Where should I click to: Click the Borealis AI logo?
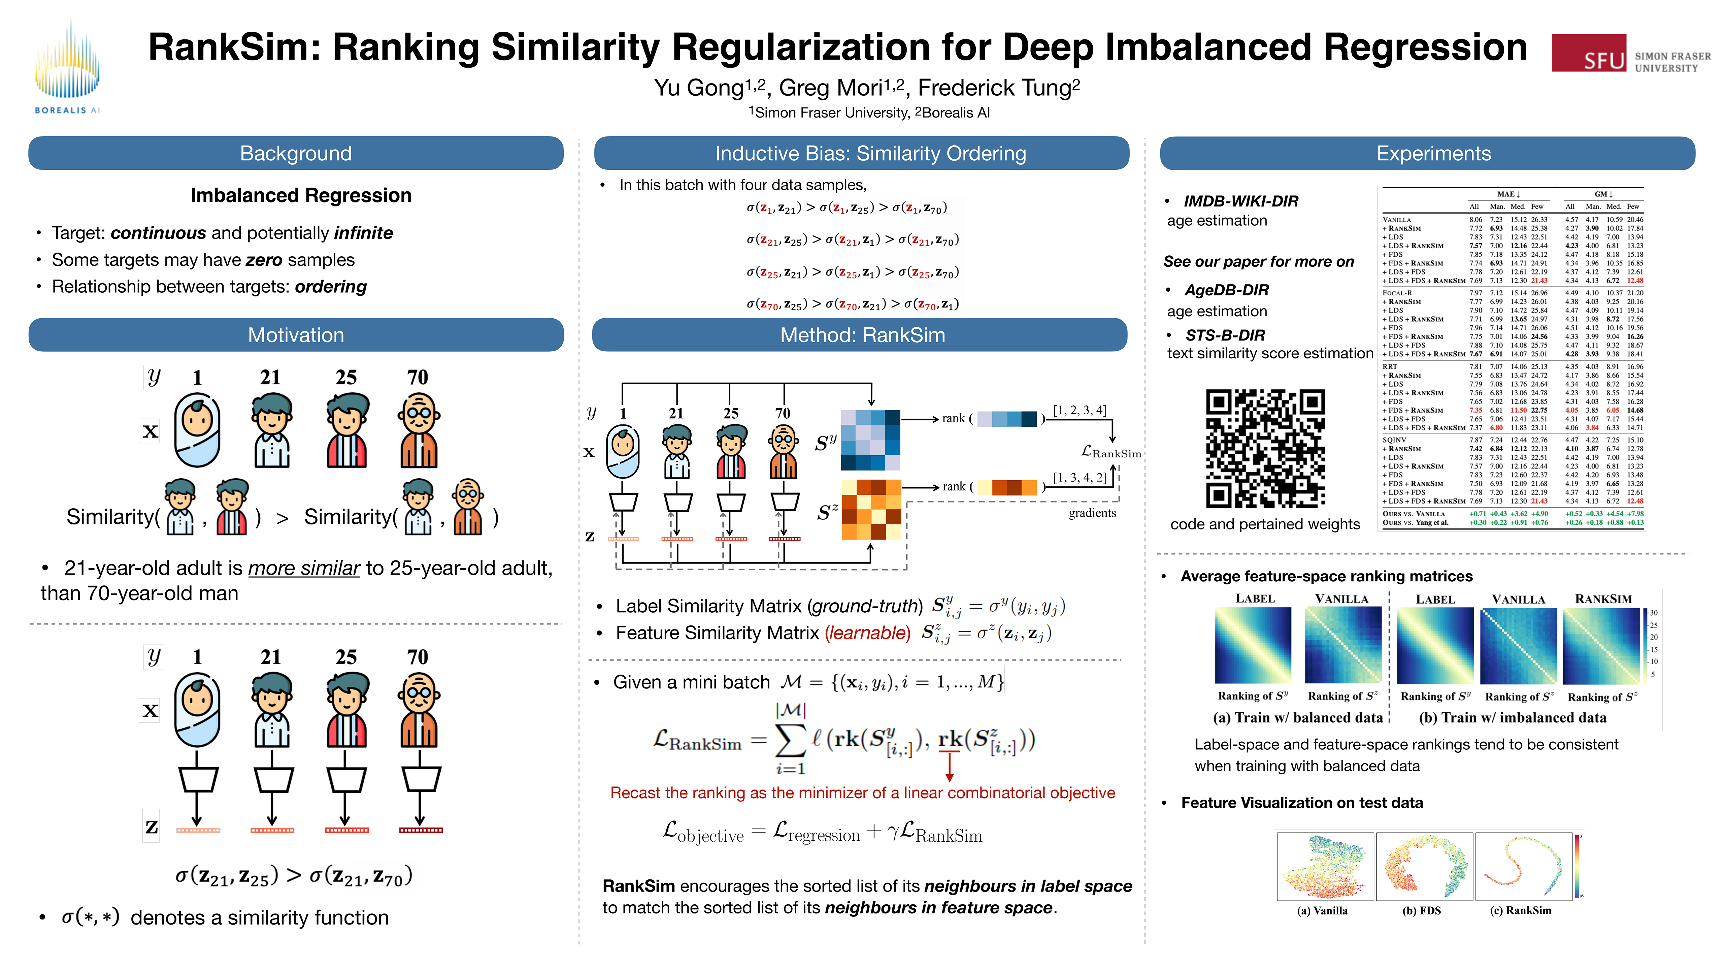(67, 67)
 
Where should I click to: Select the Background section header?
(296, 153)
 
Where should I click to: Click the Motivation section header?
(296, 335)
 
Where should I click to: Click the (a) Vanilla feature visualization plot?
(1324, 866)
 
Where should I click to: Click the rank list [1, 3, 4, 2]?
(1079, 478)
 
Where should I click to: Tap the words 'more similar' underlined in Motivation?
(304, 568)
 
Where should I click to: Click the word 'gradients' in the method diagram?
(1092, 513)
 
